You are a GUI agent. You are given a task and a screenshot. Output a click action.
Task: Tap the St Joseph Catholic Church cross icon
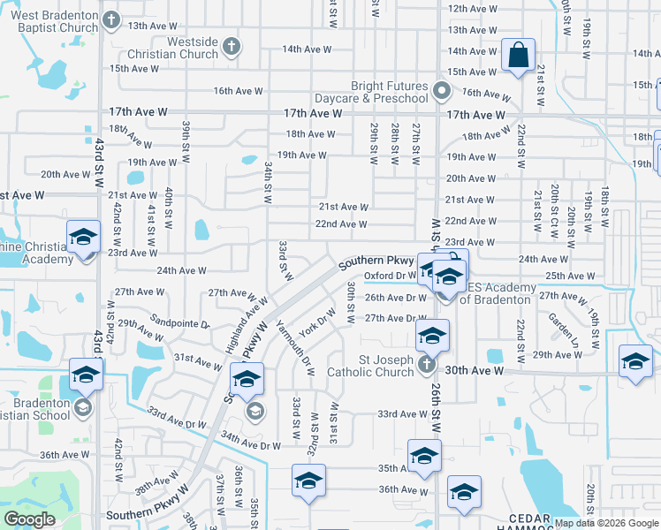click(427, 365)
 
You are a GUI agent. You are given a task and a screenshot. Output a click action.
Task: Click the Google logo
click(29, 519)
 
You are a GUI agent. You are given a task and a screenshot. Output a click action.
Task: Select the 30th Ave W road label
click(475, 371)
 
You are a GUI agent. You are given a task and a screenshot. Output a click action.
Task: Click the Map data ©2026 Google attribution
click(605, 523)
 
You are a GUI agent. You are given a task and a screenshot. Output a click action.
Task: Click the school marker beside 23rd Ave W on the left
click(84, 238)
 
